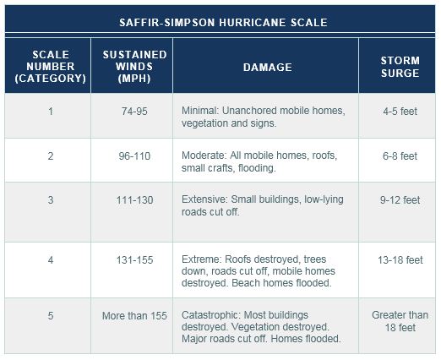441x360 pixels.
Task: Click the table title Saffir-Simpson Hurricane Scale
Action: tap(223, 23)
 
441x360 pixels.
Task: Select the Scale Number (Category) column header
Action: tap(51, 67)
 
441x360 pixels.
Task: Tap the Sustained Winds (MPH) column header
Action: tap(134, 67)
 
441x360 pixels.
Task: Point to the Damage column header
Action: tap(268, 68)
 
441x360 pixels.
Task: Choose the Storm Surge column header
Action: tap(400, 67)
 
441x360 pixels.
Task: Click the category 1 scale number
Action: tap(51, 112)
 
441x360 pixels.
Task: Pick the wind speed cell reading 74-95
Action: tap(134, 112)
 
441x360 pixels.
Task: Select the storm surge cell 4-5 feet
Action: tap(400, 112)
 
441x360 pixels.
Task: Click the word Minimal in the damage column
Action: tap(199, 111)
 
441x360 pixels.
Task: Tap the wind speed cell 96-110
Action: tap(134, 156)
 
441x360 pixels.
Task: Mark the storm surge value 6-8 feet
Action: tap(400, 156)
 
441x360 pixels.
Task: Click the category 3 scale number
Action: tap(51, 200)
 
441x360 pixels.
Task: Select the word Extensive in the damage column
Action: tap(204, 199)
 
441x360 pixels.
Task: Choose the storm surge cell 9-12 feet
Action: tap(400, 200)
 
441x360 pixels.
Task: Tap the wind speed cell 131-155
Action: tap(134, 259)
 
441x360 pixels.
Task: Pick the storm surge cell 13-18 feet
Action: tap(400, 259)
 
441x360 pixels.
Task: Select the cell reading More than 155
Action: tap(134, 316)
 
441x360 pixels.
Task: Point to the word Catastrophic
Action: tap(211, 315)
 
